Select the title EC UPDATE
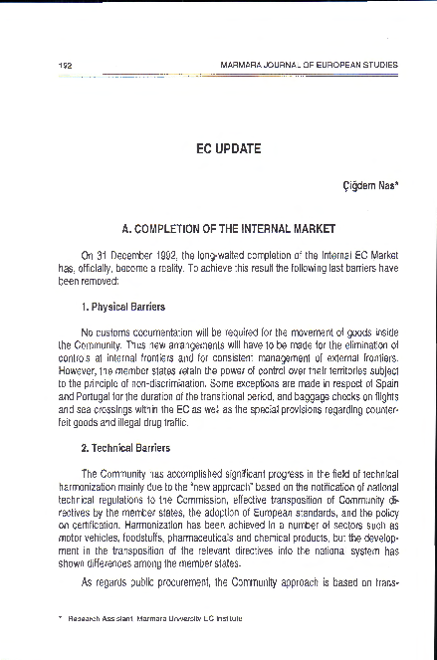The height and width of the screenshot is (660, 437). (229, 148)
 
